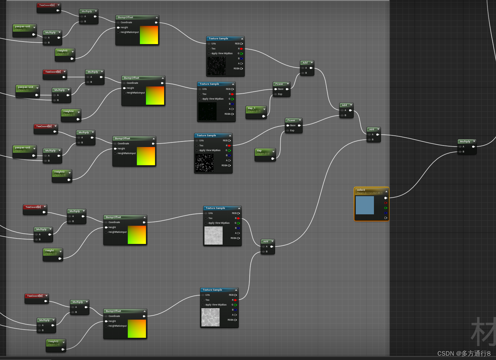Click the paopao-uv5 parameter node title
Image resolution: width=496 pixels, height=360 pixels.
click(x=23, y=26)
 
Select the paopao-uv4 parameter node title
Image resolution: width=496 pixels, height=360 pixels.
click(x=26, y=87)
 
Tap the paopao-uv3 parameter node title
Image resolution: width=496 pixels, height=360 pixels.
click(x=23, y=147)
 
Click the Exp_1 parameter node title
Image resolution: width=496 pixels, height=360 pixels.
click(x=252, y=108)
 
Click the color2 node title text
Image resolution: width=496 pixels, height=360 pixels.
click(x=361, y=190)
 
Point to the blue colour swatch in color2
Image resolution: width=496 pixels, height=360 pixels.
click(x=365, y=205)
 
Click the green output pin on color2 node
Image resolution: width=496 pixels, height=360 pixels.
click(x=386, y=208)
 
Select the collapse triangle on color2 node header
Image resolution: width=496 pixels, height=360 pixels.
click(x=386, y=191)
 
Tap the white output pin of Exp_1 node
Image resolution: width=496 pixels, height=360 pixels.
click(x=264, y=116)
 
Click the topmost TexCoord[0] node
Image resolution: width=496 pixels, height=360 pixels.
click(x=47, y=5)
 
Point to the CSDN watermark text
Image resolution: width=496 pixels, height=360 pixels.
click(x=464, y=353)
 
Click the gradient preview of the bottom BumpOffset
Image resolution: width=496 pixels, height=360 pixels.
click(x=137, y=329)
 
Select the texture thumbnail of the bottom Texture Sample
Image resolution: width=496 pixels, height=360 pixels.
click(x=211, y=317)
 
